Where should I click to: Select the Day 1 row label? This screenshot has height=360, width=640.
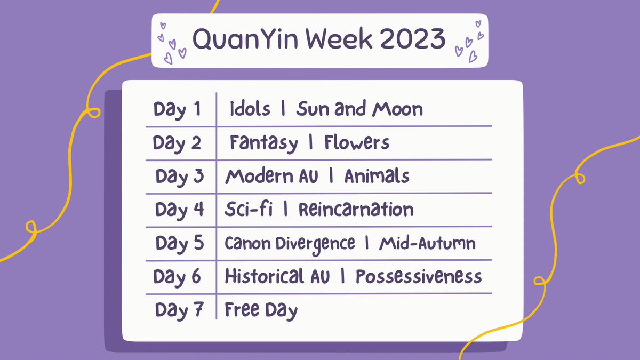point(178,110)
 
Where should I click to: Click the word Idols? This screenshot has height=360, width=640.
point(251,110)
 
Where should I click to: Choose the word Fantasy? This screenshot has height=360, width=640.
point(263,143)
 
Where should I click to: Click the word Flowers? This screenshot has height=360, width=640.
point(356,143)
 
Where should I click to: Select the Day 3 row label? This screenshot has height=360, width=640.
point(180,177)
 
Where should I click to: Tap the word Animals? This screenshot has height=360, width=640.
point(377,177)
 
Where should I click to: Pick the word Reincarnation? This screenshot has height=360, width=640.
point(356,210)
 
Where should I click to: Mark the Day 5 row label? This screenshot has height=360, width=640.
point(180,243)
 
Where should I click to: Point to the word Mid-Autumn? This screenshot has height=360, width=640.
point(427,244)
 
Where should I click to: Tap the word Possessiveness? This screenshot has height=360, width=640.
point(419,277)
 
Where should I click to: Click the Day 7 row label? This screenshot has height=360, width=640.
point(180,310)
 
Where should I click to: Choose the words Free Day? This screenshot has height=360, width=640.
point(261,310)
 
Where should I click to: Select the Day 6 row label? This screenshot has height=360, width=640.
point(178,277)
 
